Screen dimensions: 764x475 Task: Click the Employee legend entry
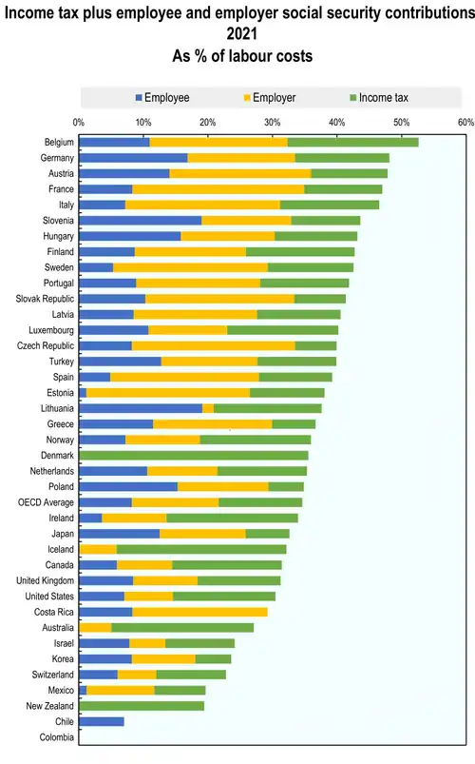click(x=166, y=98)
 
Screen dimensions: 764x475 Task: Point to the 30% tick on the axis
click(x=272, y=123)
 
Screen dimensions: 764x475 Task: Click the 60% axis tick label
click(x=465, y=123)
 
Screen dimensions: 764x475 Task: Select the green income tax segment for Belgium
click(x=352, y=143)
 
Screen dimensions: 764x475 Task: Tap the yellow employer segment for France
click(x=218, y=189)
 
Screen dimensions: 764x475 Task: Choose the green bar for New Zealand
click(x=142, y=706)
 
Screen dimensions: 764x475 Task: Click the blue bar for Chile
click(x=102, y=721)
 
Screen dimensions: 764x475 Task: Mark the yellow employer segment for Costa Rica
click(x=199, y=612)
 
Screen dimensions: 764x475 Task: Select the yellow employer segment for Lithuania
click(x=208, y=408)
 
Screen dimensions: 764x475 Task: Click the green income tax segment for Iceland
click(x=201, y=549)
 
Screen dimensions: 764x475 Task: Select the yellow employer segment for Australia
click(x=95, y=627)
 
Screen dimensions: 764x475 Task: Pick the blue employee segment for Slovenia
click(x=140, y=221)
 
